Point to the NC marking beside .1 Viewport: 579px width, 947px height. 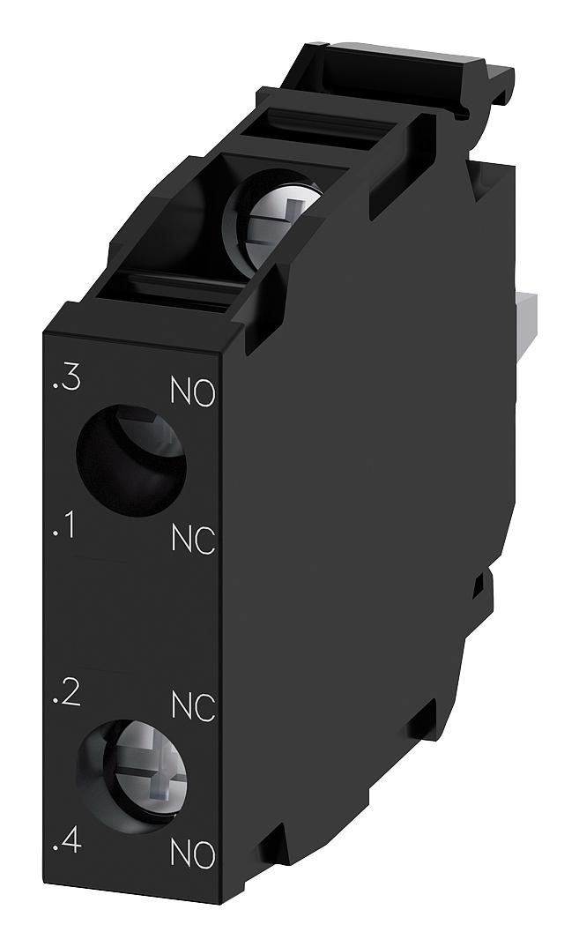[193, 541]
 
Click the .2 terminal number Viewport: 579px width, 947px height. [66, 694]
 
